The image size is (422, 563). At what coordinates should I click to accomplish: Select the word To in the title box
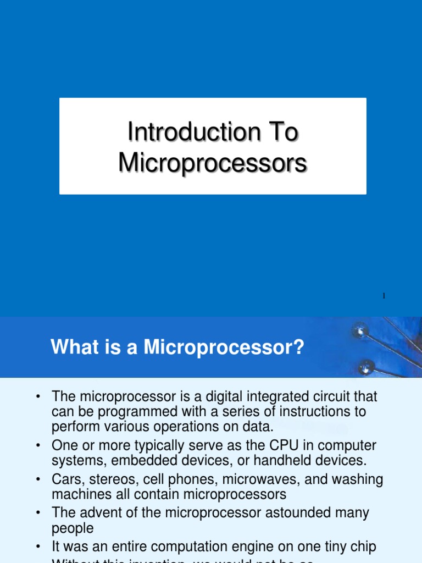[284, 133]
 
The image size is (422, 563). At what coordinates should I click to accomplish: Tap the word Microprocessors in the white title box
[212, 164]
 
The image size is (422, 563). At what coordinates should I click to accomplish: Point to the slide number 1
[384, 296]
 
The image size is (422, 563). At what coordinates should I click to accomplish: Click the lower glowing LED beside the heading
[367, 366]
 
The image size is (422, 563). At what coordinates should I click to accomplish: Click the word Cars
[65, 479]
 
